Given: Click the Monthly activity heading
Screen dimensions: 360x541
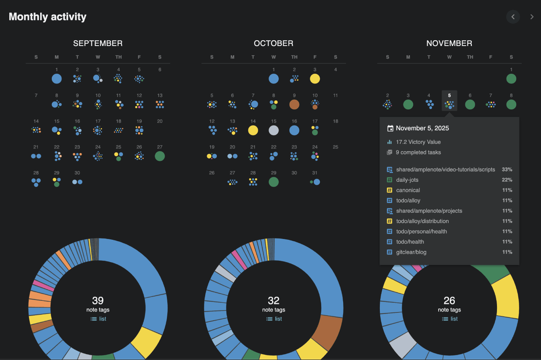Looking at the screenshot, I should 48,17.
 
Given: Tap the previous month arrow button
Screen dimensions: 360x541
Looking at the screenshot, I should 513,17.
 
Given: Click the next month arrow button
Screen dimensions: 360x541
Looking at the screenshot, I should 532,17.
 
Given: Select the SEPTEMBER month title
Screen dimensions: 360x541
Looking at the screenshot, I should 98,43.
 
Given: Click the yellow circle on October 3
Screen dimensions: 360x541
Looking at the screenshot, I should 315,79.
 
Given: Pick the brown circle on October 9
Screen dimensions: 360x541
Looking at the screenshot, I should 294,104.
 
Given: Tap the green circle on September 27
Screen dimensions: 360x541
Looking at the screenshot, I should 160,156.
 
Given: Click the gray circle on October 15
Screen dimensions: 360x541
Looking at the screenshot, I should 274,130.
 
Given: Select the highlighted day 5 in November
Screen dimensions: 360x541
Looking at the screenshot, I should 449,101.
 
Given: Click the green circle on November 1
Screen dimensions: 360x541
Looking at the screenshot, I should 511,79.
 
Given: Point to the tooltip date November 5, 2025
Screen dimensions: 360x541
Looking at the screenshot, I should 422,128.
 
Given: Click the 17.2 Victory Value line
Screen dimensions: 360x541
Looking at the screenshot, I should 418,142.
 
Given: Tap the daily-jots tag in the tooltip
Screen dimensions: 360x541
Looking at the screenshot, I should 407,180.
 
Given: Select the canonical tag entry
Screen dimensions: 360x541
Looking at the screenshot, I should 408,190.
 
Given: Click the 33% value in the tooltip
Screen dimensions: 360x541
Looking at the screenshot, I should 507,169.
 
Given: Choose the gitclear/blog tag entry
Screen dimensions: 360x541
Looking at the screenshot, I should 411,252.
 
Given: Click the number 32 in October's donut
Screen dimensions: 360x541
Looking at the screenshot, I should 274,300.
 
